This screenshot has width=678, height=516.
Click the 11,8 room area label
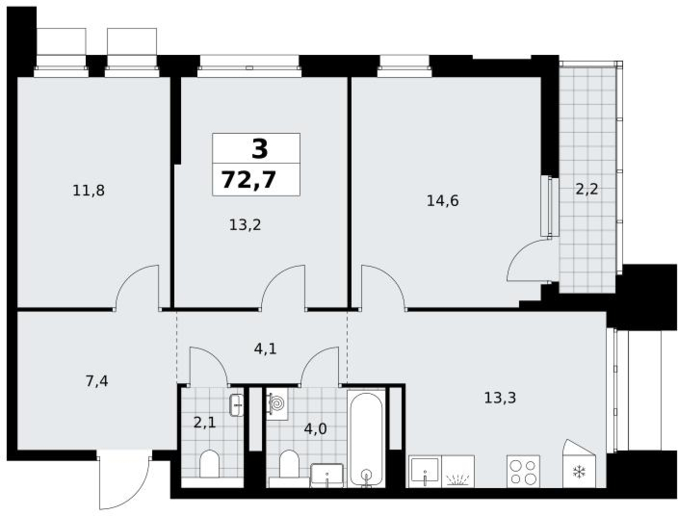click(x=88, y=190)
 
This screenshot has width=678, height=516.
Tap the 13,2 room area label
click(x=245, y=225)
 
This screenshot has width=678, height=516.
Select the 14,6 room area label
click(x=443, y=201)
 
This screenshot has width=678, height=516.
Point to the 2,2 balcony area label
click(x=587, y=189)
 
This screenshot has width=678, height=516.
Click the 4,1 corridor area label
click(x=265, y=349)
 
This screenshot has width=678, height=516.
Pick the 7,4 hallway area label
click(x=97, y=381)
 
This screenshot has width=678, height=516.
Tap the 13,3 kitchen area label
click(x=500, y=398)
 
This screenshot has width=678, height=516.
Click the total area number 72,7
click(x=249, y=180)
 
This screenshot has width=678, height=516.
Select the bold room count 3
click(x=259, y=149)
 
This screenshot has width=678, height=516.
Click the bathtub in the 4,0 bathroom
click(x=366, y=439)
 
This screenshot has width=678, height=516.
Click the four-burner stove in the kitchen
click(x=523, y=471)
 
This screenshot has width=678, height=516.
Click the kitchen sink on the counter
click(x=425, y=471)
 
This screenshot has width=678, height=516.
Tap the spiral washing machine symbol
click(x=277, y=404)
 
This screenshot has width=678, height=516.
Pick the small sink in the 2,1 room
click(x=236, y=405)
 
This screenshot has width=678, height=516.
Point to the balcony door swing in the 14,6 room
click(x=528, y=260)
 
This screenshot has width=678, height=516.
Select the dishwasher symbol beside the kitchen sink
click(x=458, y=471)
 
